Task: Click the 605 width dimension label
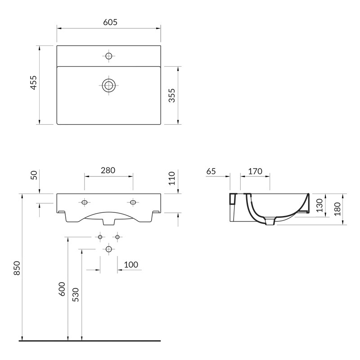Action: tap(108, 22)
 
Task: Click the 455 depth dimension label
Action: tap(33, 83)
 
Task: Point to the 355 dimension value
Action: tap(171, 95)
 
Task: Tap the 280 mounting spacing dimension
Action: tap(108, 170)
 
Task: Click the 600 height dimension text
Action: tap(62, 288)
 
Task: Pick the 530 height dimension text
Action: tap(76, 295)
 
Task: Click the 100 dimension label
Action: tap(130, 265)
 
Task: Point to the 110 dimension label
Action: tap(171, 178)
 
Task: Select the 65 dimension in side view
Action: tap(211, 171)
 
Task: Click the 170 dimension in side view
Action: tap(255, 171)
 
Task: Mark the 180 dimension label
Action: tap(337, 208)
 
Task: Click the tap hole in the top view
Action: tap(108, 56)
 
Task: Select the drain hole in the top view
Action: tap(108, 85)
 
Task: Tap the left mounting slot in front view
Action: tap(84, 202)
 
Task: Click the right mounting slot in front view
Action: tap(133, 202)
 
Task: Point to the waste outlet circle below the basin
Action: tap(108, 249)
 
